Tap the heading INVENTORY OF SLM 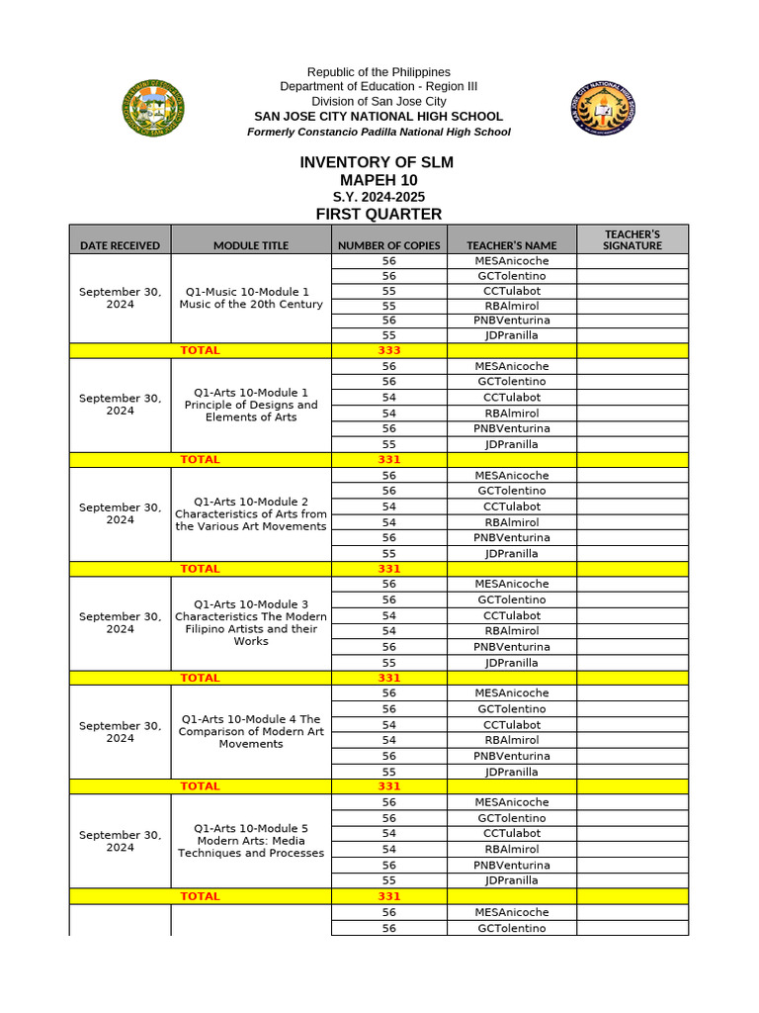point(378,162)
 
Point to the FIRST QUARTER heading point(379,215)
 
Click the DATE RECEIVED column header point(120,245)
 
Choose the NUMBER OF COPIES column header point(389,245)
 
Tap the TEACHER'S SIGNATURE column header point(632,239)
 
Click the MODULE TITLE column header point(251,245)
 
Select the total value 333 point(389,350)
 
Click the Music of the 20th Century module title point(251,298)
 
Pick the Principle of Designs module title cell point(251,405)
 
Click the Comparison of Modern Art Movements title point(251,731)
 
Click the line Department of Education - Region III point(379,87)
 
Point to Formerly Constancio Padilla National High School point(379,132)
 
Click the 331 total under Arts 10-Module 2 point(389,569)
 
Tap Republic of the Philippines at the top point(379,72)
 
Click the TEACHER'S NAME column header point(512,245)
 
